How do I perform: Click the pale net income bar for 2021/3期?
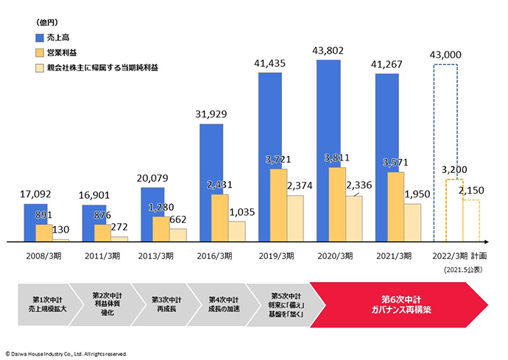pos(413,222)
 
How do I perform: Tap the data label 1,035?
pos(243,213)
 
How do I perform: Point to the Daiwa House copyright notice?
pos(67,353)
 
